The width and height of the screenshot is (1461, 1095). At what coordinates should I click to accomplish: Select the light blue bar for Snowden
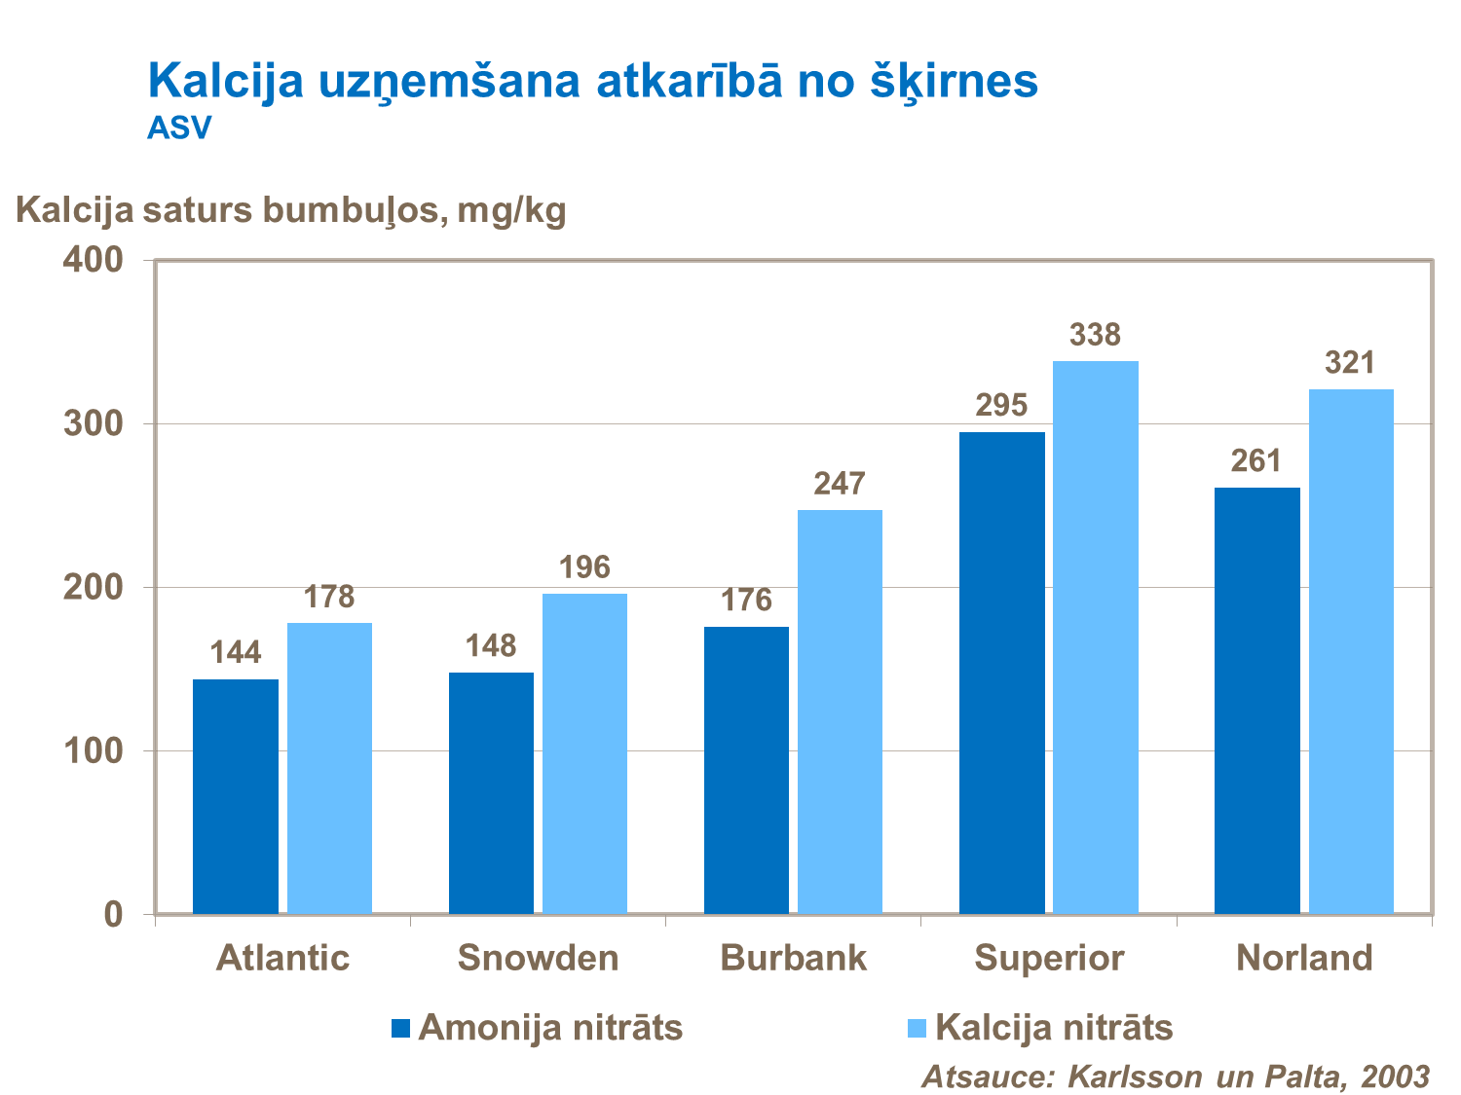click(x=584, y=753)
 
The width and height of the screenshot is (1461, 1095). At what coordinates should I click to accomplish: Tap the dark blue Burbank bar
click(x=746, y=770)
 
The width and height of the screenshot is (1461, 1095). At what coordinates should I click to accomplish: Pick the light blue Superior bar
click(x=1096, y=638)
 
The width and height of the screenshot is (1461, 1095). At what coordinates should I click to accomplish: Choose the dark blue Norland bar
click(x=1256, y=701)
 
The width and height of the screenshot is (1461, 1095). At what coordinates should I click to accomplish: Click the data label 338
click(x=1096, y=335)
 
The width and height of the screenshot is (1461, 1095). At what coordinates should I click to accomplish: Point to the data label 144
click(x=236, y=652)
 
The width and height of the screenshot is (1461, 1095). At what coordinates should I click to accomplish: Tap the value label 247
click(x=840, y=484)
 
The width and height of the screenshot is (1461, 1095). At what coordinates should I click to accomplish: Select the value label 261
click(x=1256, y=460)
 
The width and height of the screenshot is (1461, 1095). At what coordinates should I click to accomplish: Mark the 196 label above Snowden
click(x=584, y=567)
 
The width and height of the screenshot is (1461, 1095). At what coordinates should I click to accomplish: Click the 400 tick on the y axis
click(x=93, y=260)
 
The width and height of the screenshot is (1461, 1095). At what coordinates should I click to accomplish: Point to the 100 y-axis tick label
click(x=93, y=751)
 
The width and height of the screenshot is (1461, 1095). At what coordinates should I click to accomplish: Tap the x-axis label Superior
click(x=1049, y=958)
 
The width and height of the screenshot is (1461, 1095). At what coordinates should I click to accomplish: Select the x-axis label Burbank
click(x=793, y=958)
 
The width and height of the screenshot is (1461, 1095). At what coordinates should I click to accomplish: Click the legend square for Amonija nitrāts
click(x=401, y=1028)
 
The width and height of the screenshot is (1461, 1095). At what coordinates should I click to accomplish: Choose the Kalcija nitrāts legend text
click(x=1054, y=1028)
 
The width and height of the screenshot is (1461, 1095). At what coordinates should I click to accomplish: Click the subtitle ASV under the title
click(x=179, y=128)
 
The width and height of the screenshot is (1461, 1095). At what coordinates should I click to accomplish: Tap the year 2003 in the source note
click(x=1395, y=1077)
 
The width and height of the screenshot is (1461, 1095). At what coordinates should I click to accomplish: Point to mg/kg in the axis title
click(x=511, y=210)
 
